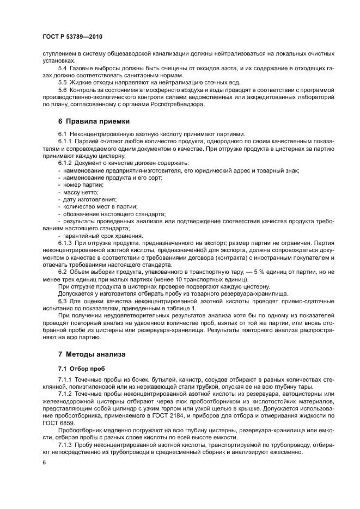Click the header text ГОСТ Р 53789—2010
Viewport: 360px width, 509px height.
(72, 36)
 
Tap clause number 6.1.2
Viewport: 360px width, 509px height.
(66, 163)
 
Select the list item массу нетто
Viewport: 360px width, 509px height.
(81, 192)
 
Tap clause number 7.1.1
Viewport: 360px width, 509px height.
(66, 378)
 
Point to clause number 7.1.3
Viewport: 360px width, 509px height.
(66, 444)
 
